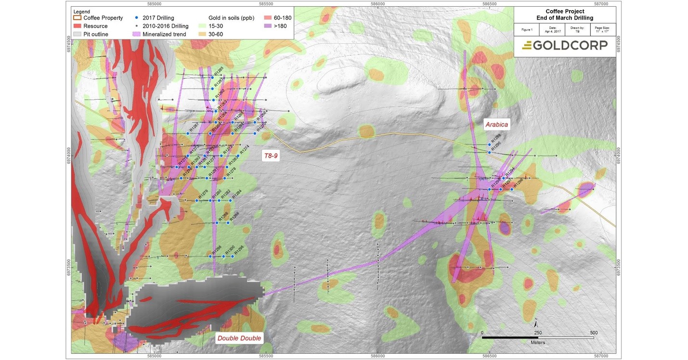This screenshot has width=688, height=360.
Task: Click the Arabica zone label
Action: (x=496, y=125)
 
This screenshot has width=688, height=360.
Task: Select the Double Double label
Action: (x=239, y=338)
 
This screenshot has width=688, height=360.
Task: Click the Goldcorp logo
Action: (x=564, y=45)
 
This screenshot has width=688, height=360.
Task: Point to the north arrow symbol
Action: (x=536, y=321)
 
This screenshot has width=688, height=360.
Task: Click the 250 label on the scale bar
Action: (x=538, y=333)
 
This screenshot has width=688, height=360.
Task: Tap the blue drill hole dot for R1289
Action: (x=489, y=144)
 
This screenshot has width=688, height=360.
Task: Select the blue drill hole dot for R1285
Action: (x=212, y=77)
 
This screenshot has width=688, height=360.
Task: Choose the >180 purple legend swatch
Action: (x=267, y=26)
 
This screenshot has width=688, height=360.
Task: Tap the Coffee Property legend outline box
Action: (x=77, y=18)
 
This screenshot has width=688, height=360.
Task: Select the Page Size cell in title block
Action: (x=602, y=29)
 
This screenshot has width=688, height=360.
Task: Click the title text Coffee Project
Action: (x=564, y=11)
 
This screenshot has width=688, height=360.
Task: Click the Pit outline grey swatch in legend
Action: (x=77, y=35)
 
